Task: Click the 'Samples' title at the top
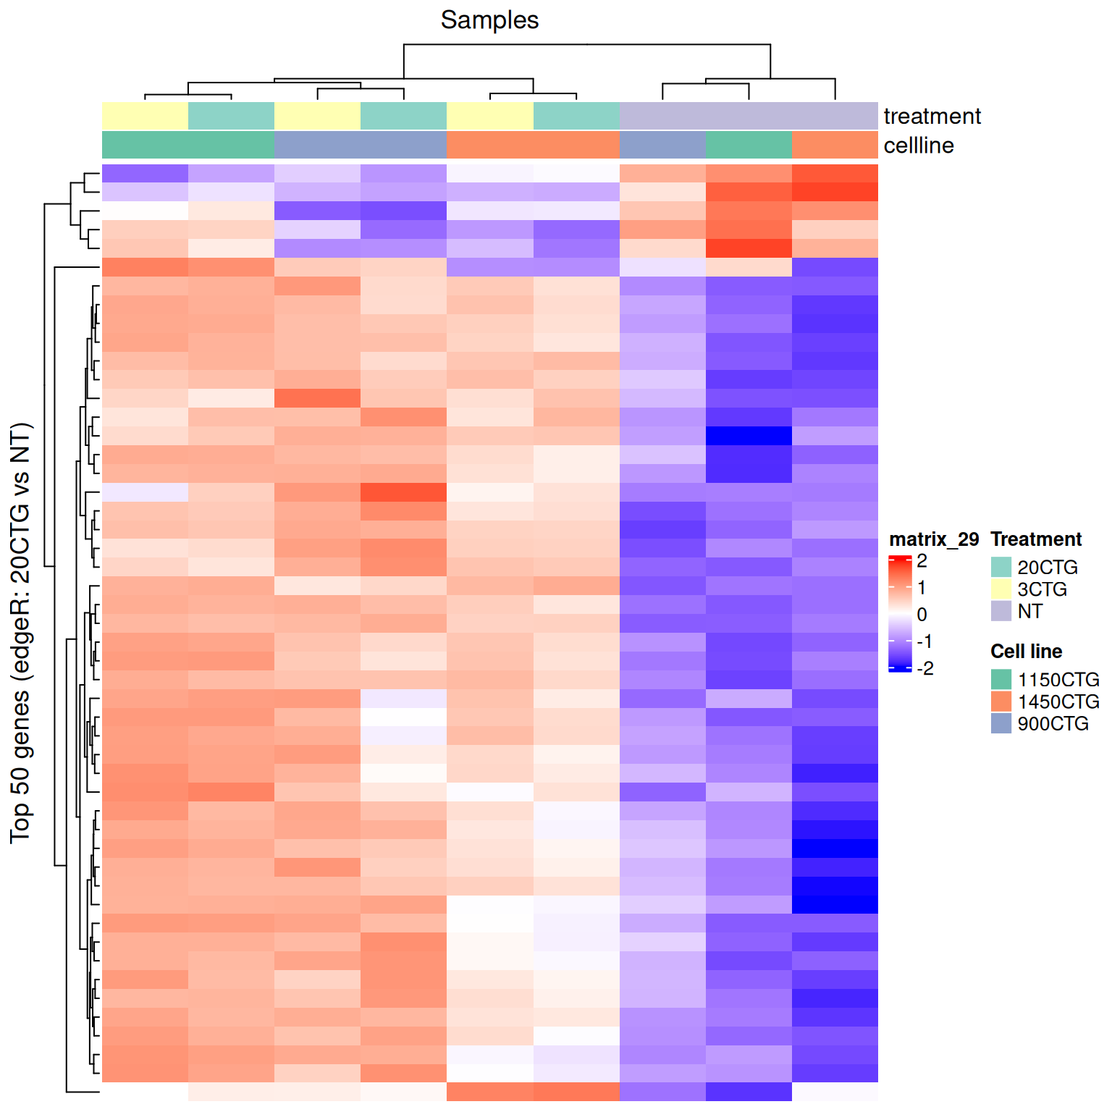coord(489,20)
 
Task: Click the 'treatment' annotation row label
coord(932,117)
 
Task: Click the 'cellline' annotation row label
coord(919,146)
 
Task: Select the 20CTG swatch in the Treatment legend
coord(1001,567)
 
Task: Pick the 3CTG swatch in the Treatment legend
coord(1001,589)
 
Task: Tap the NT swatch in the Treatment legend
coord(1001,611)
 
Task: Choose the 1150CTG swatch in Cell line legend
coord(1001,679)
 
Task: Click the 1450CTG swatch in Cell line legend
coord(1001,702)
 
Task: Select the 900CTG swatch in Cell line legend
coord(1001,723)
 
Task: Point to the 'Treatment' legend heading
coord(1035,539)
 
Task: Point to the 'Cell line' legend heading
coord(1026,652)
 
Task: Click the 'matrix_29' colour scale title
coord(933,539)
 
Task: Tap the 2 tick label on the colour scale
coord(922,561)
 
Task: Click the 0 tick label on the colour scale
coord(922,615)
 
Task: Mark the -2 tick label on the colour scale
coord(924,668)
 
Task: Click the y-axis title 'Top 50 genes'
coord(21,633)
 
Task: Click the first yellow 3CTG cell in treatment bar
coord(145,116)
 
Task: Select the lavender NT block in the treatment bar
coord(749,116)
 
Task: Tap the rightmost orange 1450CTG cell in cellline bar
coord(835,145)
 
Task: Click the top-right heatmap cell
coord(835,174)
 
